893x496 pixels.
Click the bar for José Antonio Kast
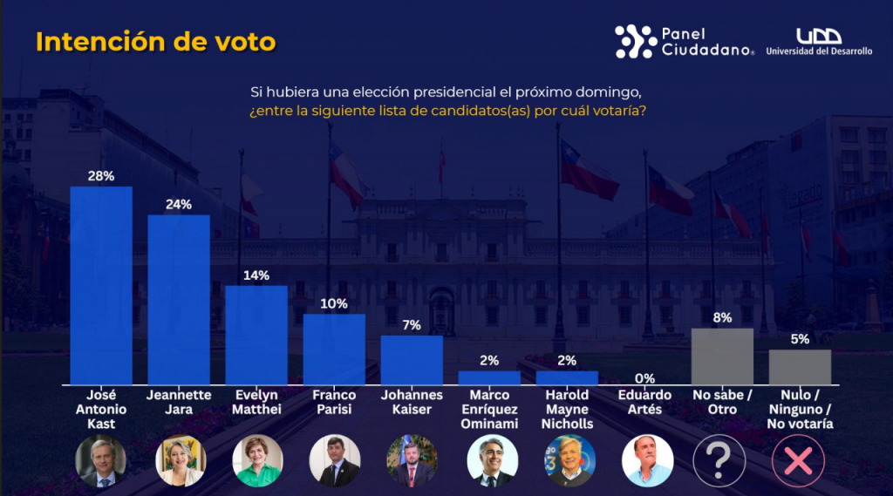(x=101, y=286)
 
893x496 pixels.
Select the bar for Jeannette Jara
(x=179, y=300)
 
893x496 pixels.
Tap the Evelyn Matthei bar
(x=256, y=335)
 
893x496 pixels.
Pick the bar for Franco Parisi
(x=334, y=349)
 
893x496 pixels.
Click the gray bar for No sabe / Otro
(x=722, y=357)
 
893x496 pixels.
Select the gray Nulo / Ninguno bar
(x=800, y=367)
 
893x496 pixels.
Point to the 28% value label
(x=101, y=175)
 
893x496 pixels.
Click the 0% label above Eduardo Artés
(x=644, y=378)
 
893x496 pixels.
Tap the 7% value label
(x=412, y=325)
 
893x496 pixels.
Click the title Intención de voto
(x=155, y=42)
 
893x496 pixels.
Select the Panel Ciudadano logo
(x=685, y=42)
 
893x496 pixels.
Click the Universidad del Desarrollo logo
(x=819, y=42)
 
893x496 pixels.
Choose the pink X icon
(x=797, y=460)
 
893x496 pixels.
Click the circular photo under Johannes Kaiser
(x=412, y=460)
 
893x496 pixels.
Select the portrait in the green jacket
(x=257, y=460)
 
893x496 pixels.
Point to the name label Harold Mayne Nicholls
(x=568, y=410)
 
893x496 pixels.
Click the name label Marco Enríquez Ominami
(x=489, y=410)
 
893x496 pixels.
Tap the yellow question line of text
(x=446, y=112)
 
